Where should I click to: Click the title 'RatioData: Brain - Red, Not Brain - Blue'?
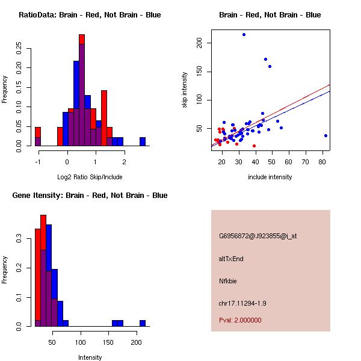[x=90, y=15]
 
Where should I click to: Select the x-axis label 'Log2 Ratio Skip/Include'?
[x=90, y=177]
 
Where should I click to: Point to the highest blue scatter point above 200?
[x=244, y=34]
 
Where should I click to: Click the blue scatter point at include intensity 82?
[x=326, y=136]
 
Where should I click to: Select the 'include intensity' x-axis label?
[x=270, y=177]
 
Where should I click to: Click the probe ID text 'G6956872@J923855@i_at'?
[x=258, y=236]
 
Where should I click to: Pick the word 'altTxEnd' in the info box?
[x=231, y=259]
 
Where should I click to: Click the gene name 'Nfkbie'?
[x=229, y=280]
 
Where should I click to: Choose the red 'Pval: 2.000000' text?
[x=240, y=320]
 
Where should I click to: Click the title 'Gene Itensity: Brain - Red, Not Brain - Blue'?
[x=90, y=196]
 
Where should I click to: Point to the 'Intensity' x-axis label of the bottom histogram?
[x=90, y=357]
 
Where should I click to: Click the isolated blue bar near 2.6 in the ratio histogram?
[x=143, y=142]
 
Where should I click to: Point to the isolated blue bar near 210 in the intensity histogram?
[x=143, y=324]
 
